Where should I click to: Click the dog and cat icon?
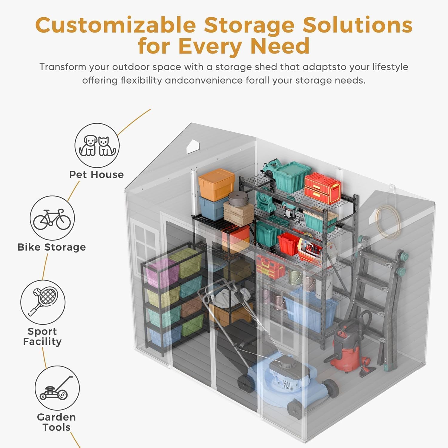coord(97,145)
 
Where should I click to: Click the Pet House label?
coord(96,174)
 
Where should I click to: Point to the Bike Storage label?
coord(52,247)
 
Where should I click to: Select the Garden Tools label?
coord(56,422)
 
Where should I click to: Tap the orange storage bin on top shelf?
coord(217,184)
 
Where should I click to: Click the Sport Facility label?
coord(42,336)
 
